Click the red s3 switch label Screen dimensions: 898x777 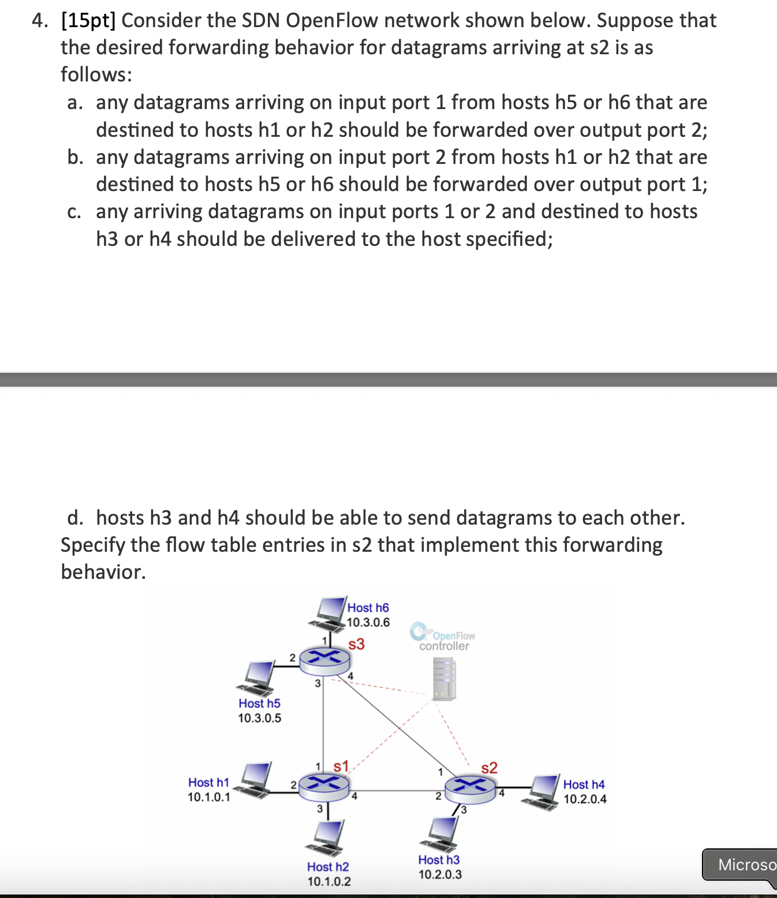pyautogui.click(x=357, y=644)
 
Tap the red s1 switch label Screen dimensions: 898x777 pyautogui.click(x=341, y=766)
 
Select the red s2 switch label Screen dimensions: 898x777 pyautogui.click(x=489, y=768)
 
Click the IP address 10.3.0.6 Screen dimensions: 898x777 pyautogui.click(x=368, y=622)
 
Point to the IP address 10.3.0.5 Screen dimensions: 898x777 pyautogui.click(x=260, y=718)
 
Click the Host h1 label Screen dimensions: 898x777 pyautogui.click(x=208, y=782)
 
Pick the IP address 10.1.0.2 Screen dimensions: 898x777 pyautogui.click(x=329, y=881)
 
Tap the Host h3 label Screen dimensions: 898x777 pyautogui.click(x=439, y=859)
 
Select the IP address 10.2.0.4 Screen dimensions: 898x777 pyautogui.click(x=585, y=799)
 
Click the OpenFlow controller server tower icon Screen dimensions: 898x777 pyautogui.click(x=444, y=679)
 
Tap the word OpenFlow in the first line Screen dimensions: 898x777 pyautogui.click(x=332, y=20)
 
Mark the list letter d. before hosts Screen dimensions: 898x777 pyautogui.click(x=74, y=518)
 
